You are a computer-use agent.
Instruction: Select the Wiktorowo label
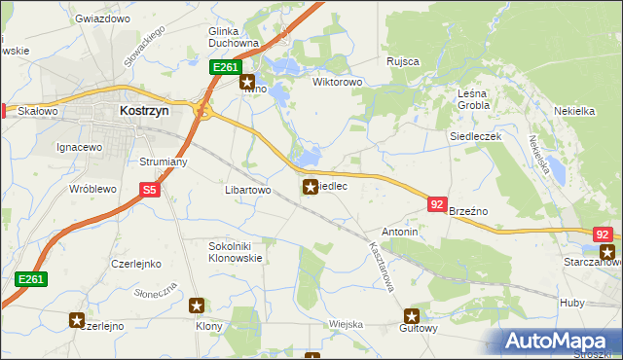pyautogui.click(x=337, y=82)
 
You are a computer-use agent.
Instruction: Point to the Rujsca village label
pyautogui.click(x=402, y=61)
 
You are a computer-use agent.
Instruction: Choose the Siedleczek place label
pyautogui.click(x=474, y=137)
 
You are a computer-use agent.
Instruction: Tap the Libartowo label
pyautogui.click(x=247, y=190)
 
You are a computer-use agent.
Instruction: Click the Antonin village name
pyautogui.click(x=400, y=233)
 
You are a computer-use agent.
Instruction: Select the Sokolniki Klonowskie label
pyautogui.click(x=236, y=253)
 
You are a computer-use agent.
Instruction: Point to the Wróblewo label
pyautogui.click(x=93, y=189)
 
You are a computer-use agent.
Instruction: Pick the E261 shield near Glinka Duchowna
pyautogui.click(x=224, y=67)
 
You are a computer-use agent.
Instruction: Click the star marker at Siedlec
pyautogui.click(x=310, y=186)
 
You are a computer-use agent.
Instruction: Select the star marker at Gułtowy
pyautogui.click(x=412, y=316)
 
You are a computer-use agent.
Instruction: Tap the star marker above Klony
pyautogui.click(x=198, y=306)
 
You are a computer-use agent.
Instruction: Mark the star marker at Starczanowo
pyautogui.click(x=607, y=252)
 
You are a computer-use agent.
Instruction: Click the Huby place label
pyautogui.click(x=572, y=303)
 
